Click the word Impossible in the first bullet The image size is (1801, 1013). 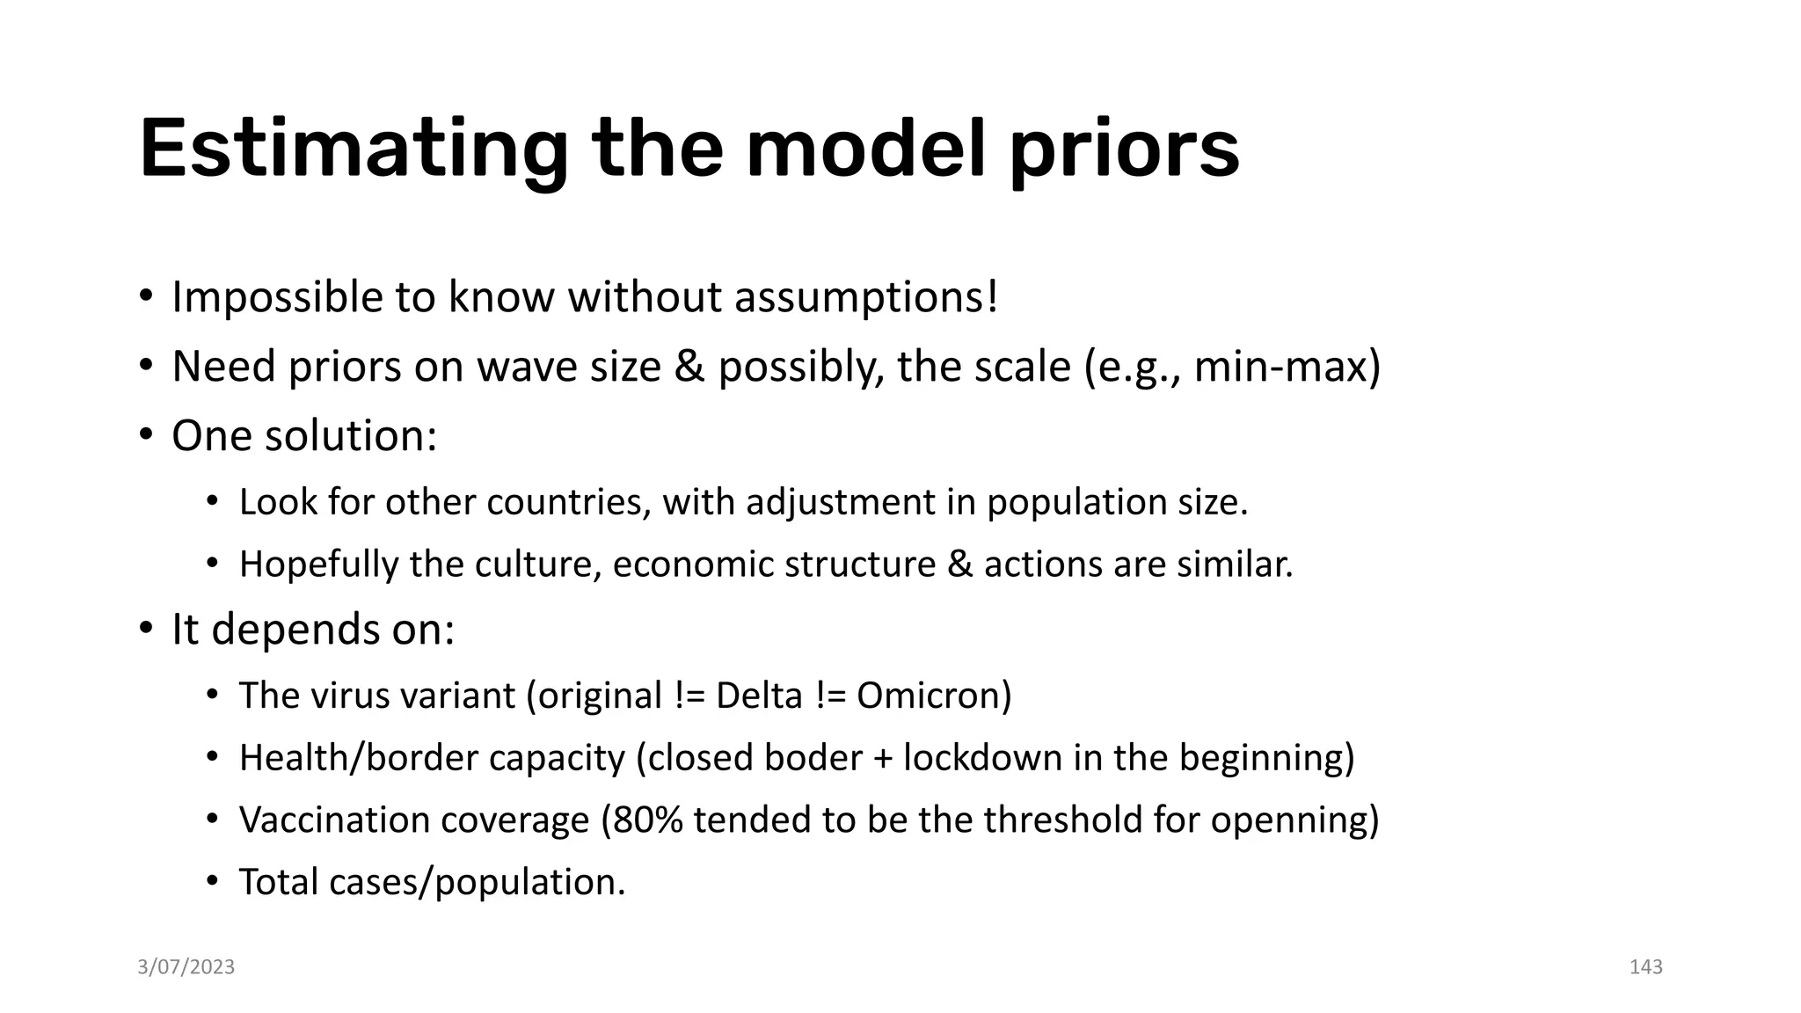276,297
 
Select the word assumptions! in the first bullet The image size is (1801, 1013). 866,297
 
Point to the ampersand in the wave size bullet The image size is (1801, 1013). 689,367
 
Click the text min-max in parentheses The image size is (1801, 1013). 1279,367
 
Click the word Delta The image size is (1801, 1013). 759,696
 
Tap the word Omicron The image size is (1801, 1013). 934,696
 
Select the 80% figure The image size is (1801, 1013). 647,820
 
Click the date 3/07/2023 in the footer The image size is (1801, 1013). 186,967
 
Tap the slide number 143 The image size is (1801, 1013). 1645,967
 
